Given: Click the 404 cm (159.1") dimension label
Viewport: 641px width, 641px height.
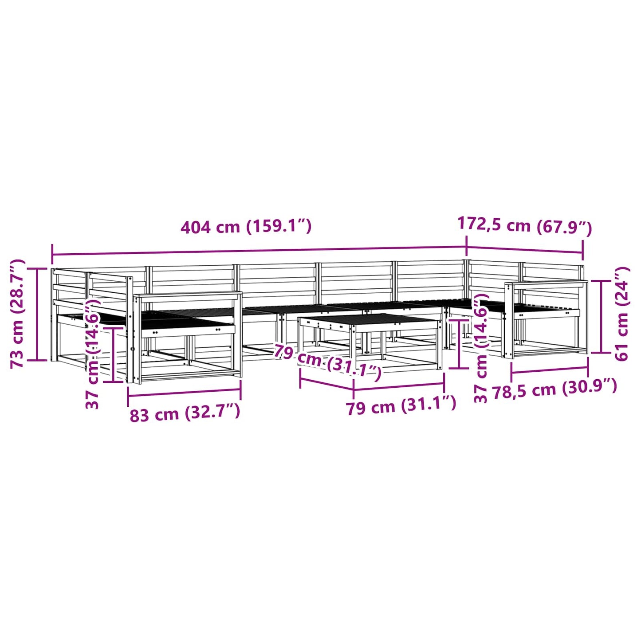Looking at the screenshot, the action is [246, 227].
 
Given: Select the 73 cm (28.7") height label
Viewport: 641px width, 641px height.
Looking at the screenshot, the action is [18, 313].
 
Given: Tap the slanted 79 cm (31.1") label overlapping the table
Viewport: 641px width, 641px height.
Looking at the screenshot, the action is [327, 362].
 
